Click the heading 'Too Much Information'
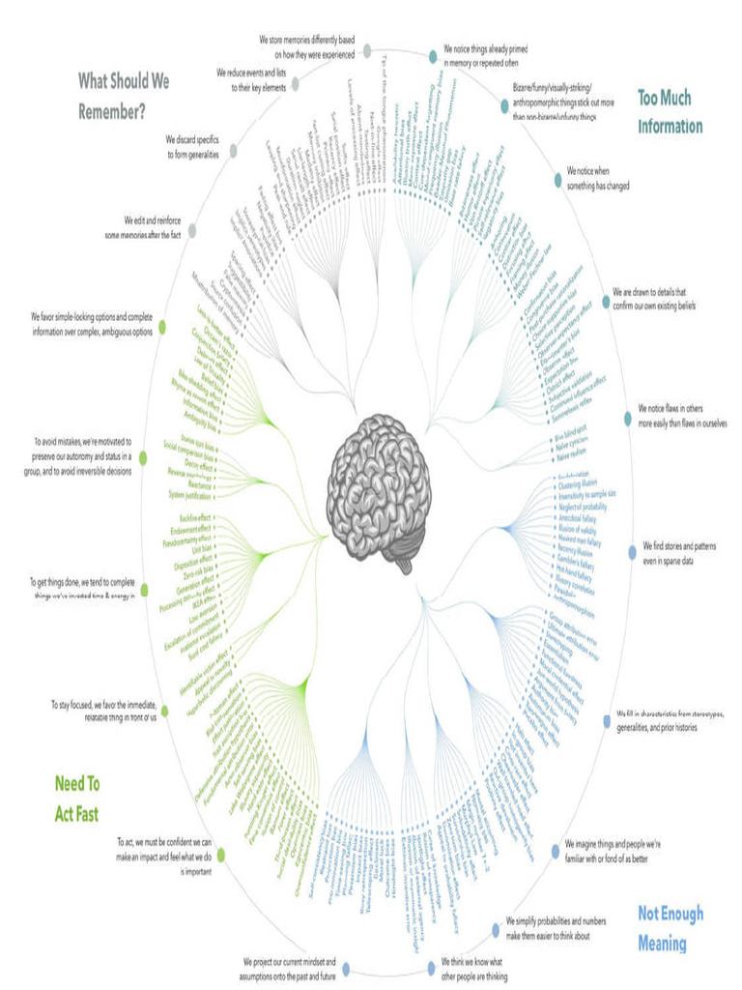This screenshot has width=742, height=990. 670,111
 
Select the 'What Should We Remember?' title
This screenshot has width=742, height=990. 123,96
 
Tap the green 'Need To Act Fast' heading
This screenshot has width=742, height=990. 77,798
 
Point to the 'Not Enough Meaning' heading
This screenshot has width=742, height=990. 671,928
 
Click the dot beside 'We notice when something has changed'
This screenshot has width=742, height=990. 556,179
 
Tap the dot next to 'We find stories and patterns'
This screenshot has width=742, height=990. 633,553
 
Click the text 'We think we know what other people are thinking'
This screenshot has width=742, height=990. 473,970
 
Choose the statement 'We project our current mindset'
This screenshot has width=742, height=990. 290,970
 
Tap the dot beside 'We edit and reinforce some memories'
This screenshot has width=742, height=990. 192,230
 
